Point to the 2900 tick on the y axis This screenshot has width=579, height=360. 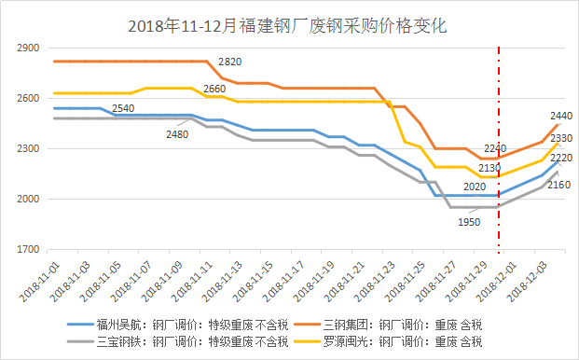(x=29, y=48)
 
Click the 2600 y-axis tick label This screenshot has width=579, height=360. (x=29, y=98)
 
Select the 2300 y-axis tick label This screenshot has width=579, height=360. (x=29, y=148)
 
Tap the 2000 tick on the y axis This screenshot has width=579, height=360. (x=29, y=200)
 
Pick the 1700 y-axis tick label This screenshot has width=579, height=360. (x=29, y=250)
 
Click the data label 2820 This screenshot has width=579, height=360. (x=230, y=62)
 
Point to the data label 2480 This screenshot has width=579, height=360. (x=176, y=134)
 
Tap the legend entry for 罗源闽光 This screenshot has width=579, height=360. (x=403, y=342)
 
